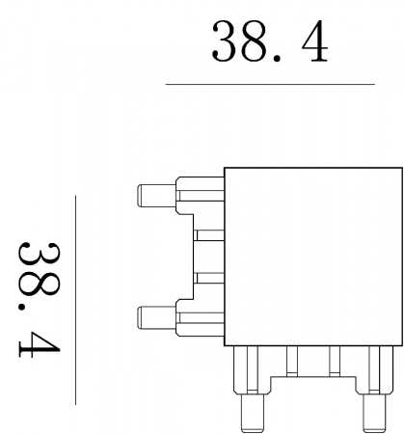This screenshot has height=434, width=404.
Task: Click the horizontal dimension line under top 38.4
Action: tap(270, 84)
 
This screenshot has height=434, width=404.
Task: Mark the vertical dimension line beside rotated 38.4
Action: tap(75, 299)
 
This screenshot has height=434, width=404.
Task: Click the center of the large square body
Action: tap(312, 256)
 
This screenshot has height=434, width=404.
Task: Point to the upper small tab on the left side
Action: tap(208, 233)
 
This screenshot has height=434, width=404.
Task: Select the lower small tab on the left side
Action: tap(208, 278)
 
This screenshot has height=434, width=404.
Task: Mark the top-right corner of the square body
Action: tap(400, 168)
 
